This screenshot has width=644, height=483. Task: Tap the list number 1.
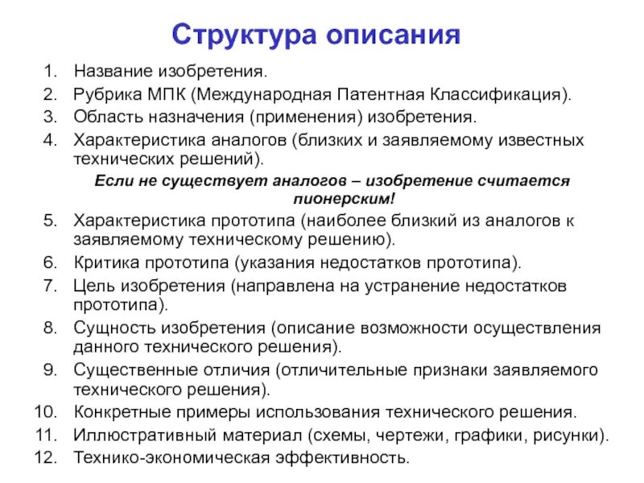(x=48, y=72)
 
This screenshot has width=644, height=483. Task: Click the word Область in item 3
(x=102, y=117)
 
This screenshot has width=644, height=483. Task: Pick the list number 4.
(x=48, y=139)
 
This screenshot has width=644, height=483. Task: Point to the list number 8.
(x=48, y=328)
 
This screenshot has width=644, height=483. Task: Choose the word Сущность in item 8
(x=109, y=328)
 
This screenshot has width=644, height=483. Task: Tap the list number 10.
(x=43, y=412)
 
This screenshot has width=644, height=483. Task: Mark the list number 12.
(x=43, y=458)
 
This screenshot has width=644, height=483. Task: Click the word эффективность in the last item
(x=353, y=458)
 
